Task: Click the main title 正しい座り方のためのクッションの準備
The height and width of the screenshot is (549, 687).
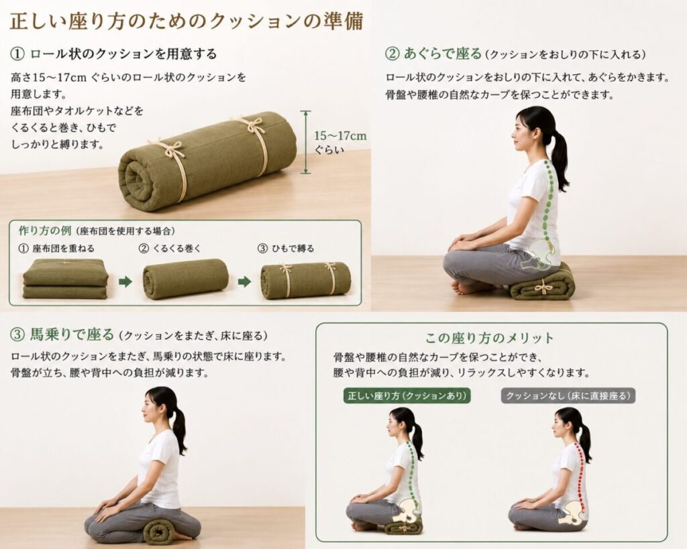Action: (x=187, y=21)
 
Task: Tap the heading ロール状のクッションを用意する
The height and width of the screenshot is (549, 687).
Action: (x=123, y=54)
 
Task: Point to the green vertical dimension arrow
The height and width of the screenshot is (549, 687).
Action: (x=306, y=142)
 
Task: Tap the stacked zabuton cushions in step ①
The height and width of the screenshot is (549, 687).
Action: (x=65, y=279)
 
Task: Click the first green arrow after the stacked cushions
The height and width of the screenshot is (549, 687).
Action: (x=125, y=281)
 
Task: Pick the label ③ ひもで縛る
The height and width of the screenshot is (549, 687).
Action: (x=286, y=249)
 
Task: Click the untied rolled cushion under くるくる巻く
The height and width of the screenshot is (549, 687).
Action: (x=185, y=279)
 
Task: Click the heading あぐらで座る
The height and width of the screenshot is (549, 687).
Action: (x=442, y=54)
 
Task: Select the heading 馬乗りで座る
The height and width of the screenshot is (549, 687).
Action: (x=72, y=335)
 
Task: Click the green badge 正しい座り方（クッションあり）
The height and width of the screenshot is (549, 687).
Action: (x=407, y=395)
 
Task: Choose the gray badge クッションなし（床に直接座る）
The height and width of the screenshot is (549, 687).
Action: (x=568, y=395)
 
